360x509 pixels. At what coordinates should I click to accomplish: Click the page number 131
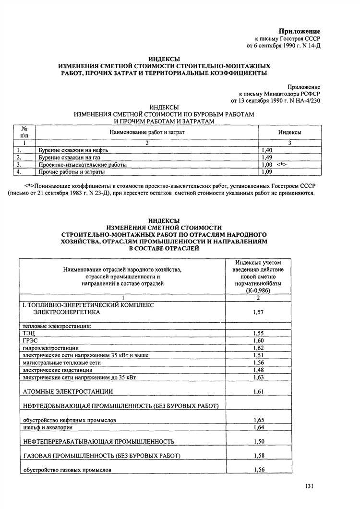309,487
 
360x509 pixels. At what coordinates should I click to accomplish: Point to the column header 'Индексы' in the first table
290,132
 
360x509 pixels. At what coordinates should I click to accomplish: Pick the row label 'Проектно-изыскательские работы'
83,165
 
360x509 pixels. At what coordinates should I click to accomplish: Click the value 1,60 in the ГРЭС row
258,340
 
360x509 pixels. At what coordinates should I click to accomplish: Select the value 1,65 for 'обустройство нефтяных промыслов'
258,420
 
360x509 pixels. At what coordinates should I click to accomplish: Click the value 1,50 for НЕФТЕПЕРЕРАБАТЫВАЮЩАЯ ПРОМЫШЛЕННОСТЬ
258,441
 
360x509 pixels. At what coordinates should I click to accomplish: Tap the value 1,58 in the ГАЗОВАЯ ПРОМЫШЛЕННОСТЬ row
258,455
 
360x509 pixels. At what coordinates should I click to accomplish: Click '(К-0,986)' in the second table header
258,291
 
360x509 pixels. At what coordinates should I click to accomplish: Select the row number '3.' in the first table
19,165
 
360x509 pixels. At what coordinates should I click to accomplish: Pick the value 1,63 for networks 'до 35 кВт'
258,377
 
